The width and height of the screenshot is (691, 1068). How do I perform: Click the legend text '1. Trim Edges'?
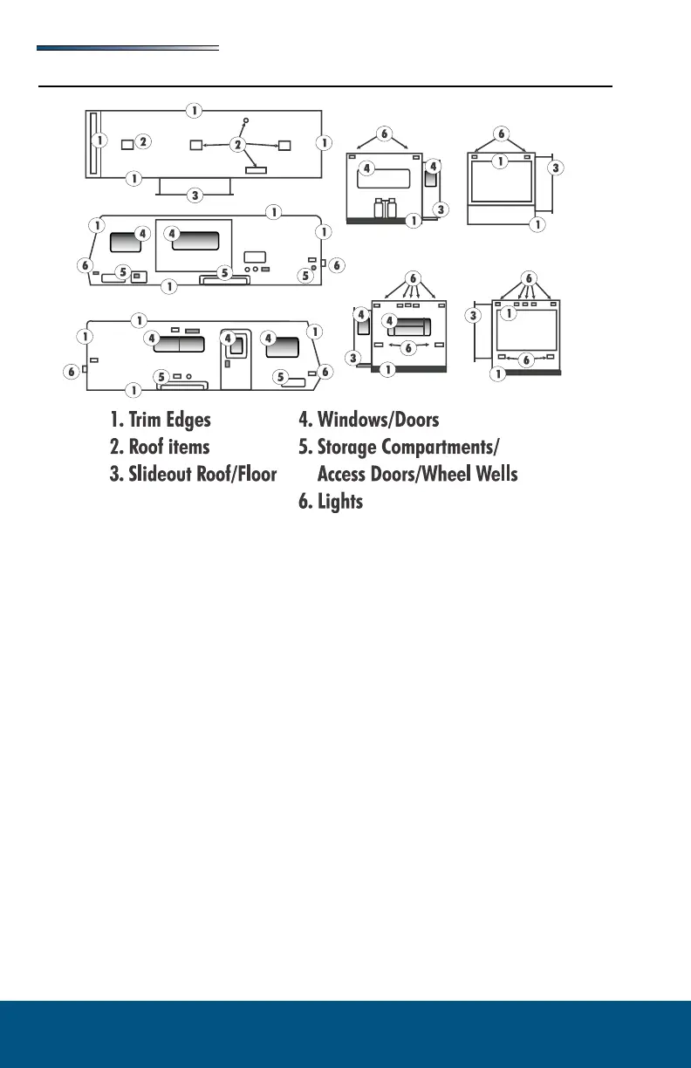pyautogui.click(x=161, y=420)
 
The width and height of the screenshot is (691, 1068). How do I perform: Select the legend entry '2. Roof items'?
pyautogui.click(x=160, y=448)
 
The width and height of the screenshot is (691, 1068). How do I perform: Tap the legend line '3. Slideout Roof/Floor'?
pyautogui.click(x=193, y=475)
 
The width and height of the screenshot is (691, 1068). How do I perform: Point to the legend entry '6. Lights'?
pyautogui.click(x=331, y=502)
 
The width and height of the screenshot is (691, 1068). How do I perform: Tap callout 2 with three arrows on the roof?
pyautogui.click(x=237, y=145)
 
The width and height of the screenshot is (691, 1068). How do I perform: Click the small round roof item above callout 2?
pyautogui.click(x=246, y=120)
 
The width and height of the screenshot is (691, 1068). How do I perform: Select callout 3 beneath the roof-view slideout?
pyautogui.click(x=195, y=195)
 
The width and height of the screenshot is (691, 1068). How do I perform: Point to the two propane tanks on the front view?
pyautogui.click(x=385, y=209)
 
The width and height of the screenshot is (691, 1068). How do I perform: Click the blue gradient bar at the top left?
pyautogui.click(x=127, y=49)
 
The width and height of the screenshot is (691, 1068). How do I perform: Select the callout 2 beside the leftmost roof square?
pyautogui.click(x=144, y=140)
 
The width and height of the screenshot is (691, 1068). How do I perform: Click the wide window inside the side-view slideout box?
pyautogui.click(x=195, y=240)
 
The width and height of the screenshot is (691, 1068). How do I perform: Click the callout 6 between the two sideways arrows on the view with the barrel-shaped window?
pyautogui.click(x=408, y=346)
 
